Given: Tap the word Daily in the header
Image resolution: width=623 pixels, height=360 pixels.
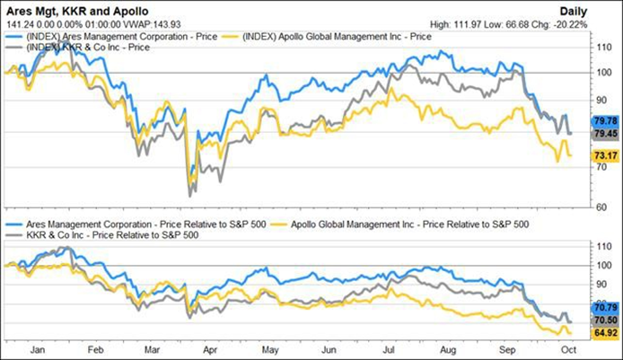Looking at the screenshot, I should pos(597,10).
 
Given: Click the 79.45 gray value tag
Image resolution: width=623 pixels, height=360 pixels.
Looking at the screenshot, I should pos(602,134).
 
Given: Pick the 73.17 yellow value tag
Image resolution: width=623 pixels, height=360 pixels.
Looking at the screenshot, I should pos(602,155).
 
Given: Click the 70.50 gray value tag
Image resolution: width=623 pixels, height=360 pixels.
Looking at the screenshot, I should pos(602,320).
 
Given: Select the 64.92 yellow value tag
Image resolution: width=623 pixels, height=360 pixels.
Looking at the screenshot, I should pos(602,331).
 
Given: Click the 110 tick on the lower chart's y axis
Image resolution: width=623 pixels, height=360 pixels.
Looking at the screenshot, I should pos(601,246).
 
